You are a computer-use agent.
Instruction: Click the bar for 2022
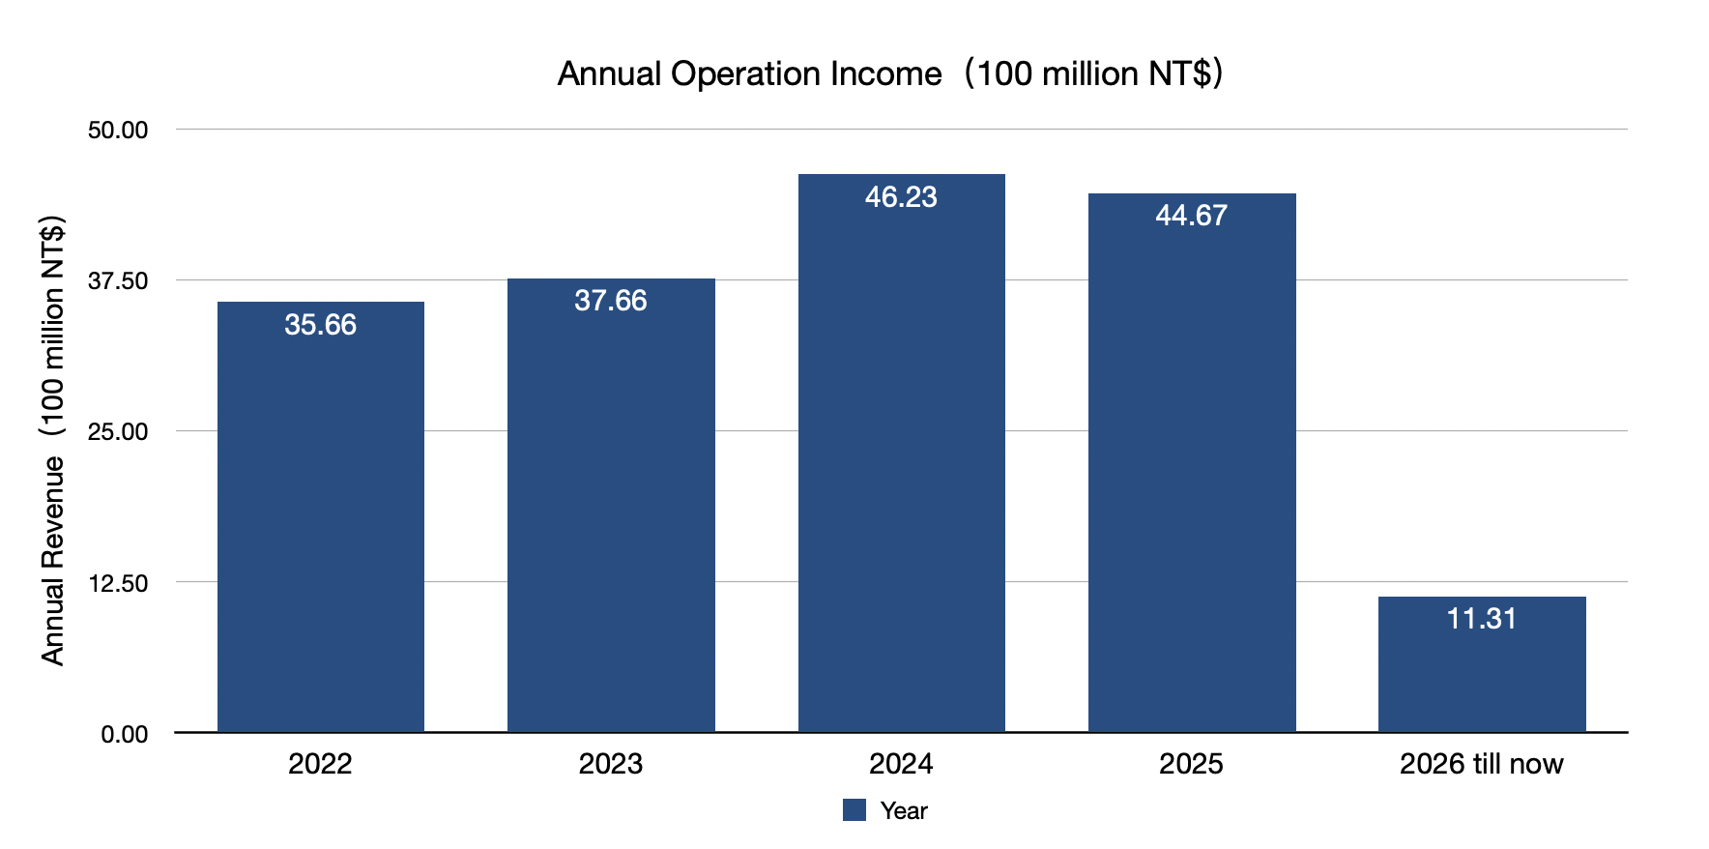[x=320, y=522]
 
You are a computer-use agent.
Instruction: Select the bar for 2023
[x=611, y=512]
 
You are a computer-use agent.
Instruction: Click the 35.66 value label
[x=320, y=325]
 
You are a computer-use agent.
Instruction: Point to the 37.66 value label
[x=611, y=301]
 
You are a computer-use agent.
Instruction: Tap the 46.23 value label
[x=901, y=197]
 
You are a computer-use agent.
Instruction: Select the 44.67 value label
[x=1192, y=216]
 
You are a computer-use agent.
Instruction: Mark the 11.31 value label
[x=1482, y=619]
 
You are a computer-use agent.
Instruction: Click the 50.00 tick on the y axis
[x=118, y=131]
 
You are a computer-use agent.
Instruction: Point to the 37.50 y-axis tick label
[x=118, y=281]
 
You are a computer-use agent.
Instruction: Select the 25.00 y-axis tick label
[x=118, y=432]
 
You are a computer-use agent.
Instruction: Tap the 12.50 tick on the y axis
[x=118, y=583]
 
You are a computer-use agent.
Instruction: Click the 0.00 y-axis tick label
[x=125, y=735]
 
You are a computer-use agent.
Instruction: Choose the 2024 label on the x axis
[x=901, y=764]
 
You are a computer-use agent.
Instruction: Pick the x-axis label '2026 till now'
[x=1482, y=764]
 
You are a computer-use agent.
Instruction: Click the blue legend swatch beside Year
[x=854, y=810]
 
